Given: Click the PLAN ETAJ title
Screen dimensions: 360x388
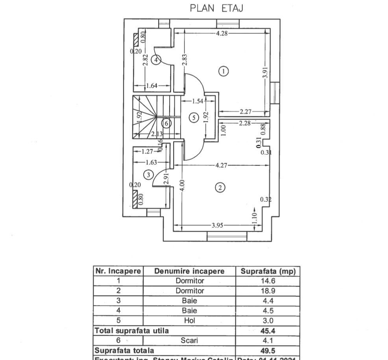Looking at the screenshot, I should pos(216,8).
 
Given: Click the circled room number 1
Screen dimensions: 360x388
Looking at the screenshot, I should pos(224,71).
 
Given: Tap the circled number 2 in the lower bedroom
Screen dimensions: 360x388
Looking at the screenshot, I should pos(220,187).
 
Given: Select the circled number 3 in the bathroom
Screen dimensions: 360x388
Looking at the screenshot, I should pos(148,175).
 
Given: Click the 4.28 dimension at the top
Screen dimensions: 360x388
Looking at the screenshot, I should pos(222,33).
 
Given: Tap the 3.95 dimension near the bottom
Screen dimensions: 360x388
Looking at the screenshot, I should pos(218,226).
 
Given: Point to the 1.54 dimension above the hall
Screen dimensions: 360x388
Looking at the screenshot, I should pos(198,101).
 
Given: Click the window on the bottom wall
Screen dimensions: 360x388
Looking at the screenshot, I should pos(227,236).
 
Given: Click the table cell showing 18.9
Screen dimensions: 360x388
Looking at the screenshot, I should pos(265,291).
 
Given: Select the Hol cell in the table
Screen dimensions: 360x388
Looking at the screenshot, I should pos(189,321).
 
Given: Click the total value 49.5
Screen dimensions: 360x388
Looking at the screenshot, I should pos(265,351).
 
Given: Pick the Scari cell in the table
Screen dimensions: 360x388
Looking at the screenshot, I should pos(189,341).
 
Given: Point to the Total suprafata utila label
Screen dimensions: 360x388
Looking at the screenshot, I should pos(131,331).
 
